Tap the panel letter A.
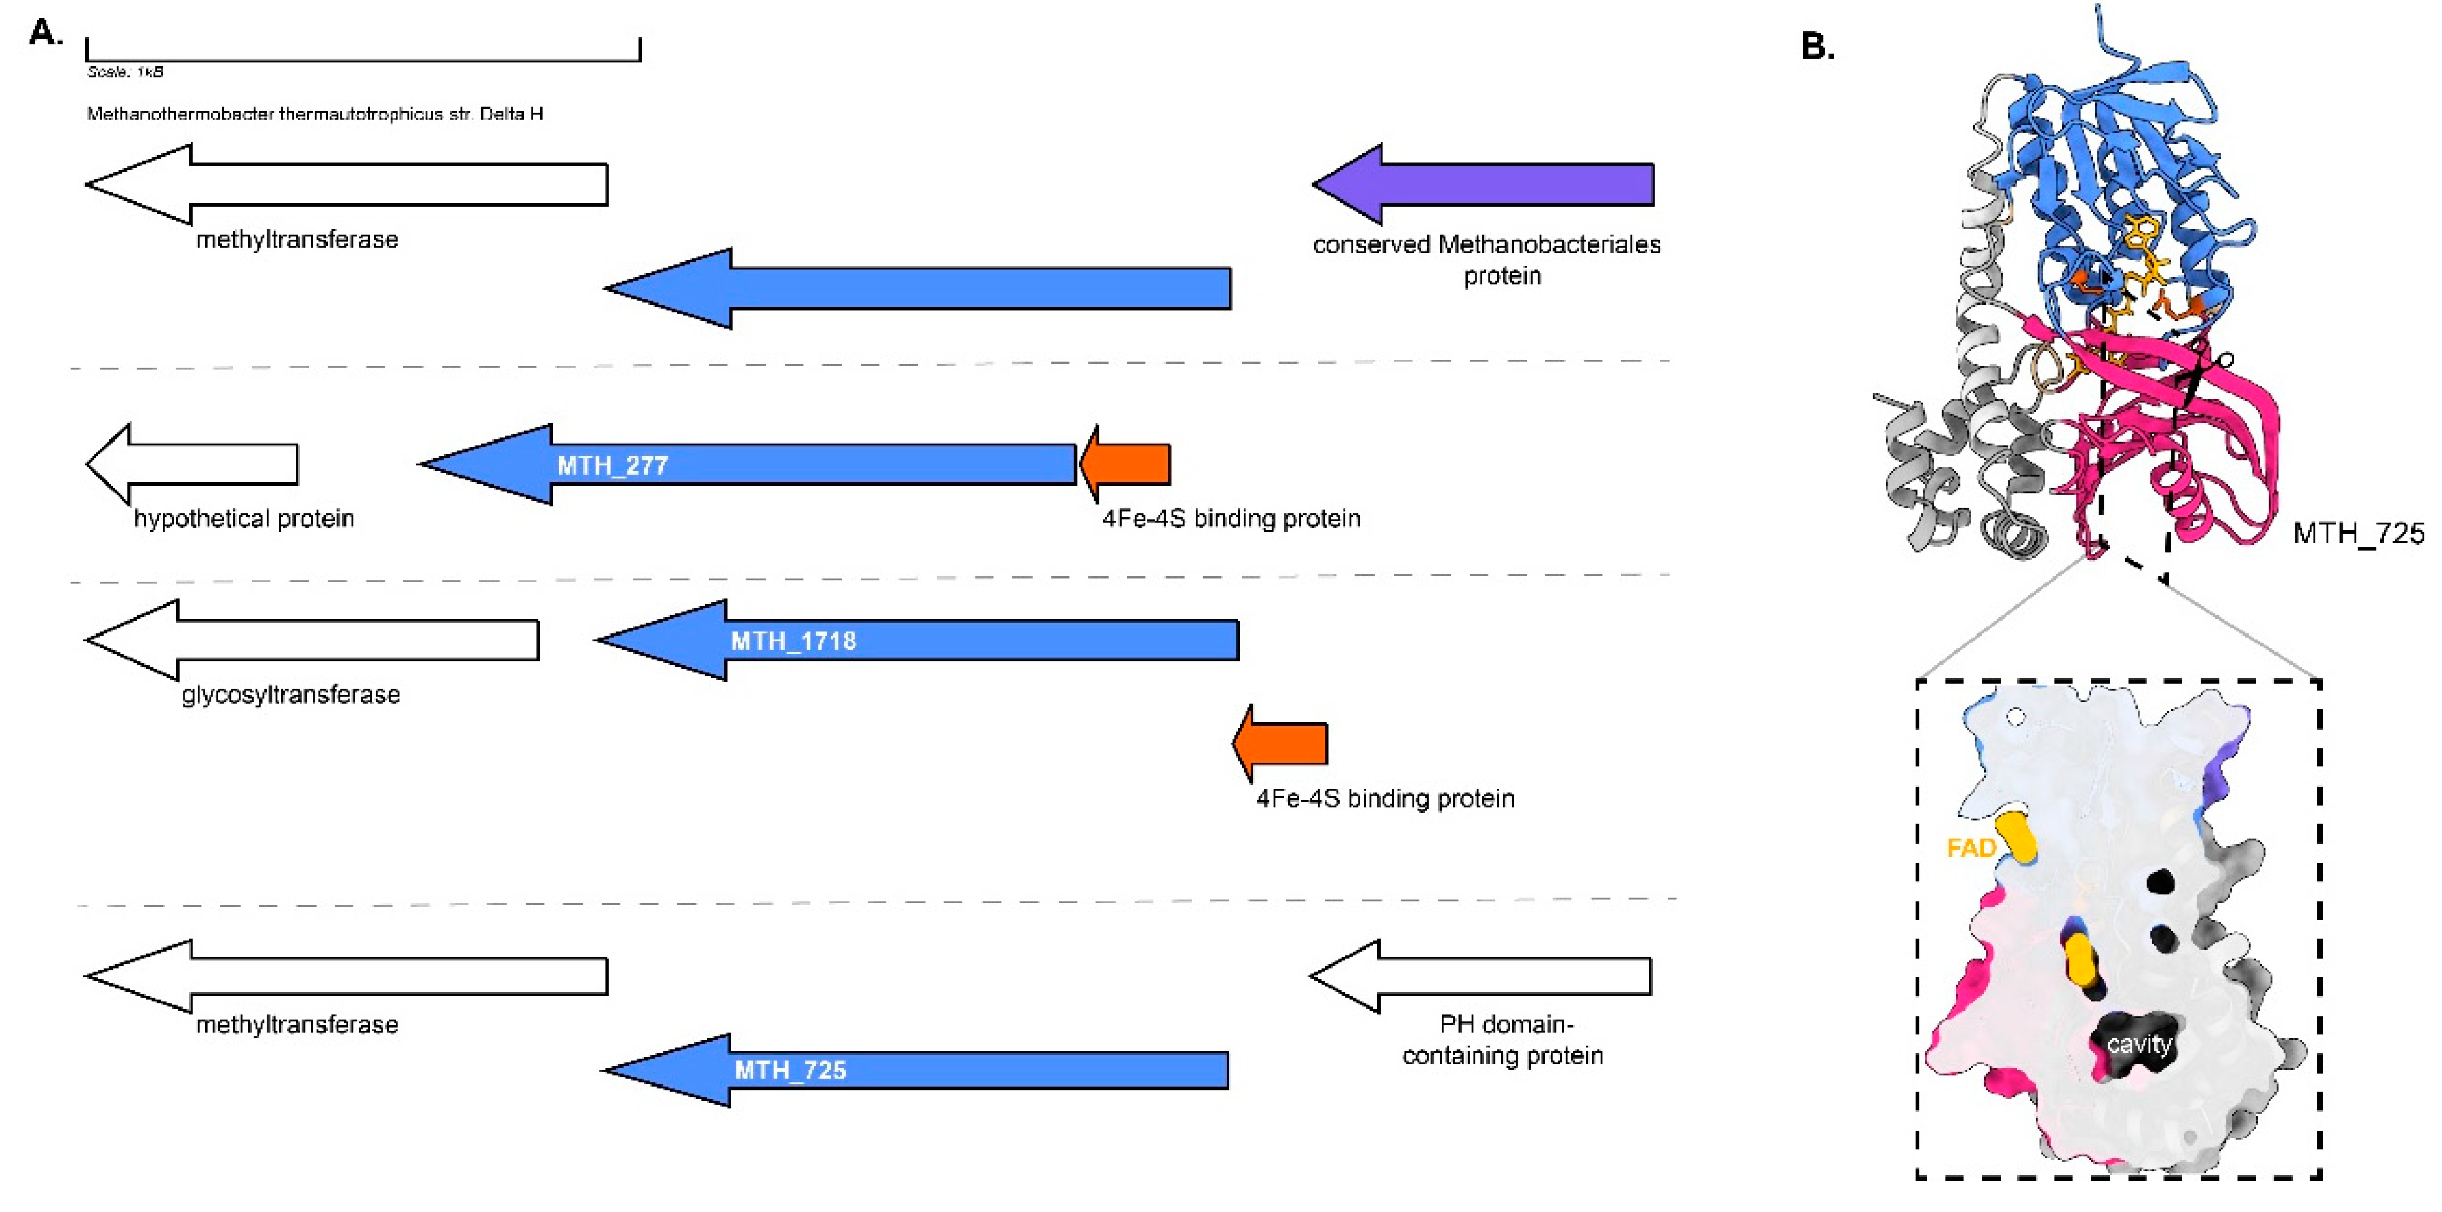[x=45, y=33]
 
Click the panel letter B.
[x=1816, y=45]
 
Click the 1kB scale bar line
[x=363, y=60]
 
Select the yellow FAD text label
[x=1971, y=848]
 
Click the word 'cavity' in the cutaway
[x=2139, y=1044]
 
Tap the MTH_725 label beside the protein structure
[x=2358, y=534]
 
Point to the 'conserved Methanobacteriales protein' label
[x=1486, y=259]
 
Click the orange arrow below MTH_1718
[x=1284, y=743]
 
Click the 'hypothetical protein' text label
[x=243, y=519]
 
